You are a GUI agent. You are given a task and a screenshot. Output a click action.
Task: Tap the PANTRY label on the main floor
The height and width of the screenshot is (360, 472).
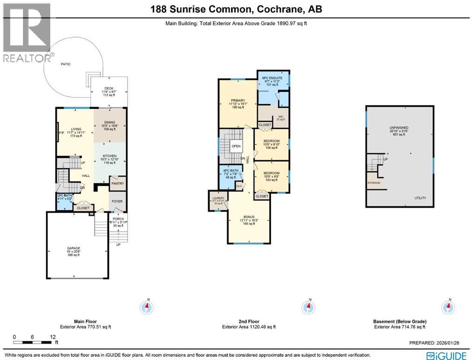pos(117,184)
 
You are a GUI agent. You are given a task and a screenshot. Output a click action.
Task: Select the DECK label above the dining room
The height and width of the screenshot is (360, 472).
pos(109,88)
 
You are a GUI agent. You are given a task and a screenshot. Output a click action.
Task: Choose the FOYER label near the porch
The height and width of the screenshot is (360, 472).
pos(117,202)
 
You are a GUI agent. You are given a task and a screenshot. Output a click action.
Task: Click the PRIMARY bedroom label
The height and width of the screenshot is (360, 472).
pos(237,99)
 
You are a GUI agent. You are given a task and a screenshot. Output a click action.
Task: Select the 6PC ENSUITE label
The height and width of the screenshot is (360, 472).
pos(273,76)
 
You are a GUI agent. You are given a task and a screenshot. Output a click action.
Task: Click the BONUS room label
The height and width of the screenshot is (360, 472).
pos(248,217)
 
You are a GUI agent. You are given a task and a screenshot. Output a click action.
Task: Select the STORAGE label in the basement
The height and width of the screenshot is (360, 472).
pos(374,182)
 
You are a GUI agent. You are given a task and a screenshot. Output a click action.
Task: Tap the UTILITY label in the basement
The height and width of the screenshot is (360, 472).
pos(420,198)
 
